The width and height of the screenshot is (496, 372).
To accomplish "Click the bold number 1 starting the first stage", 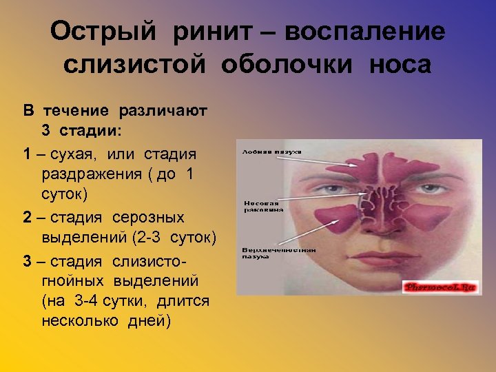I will pos(26,153).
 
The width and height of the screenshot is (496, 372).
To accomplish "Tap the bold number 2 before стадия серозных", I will pos(26,218).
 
